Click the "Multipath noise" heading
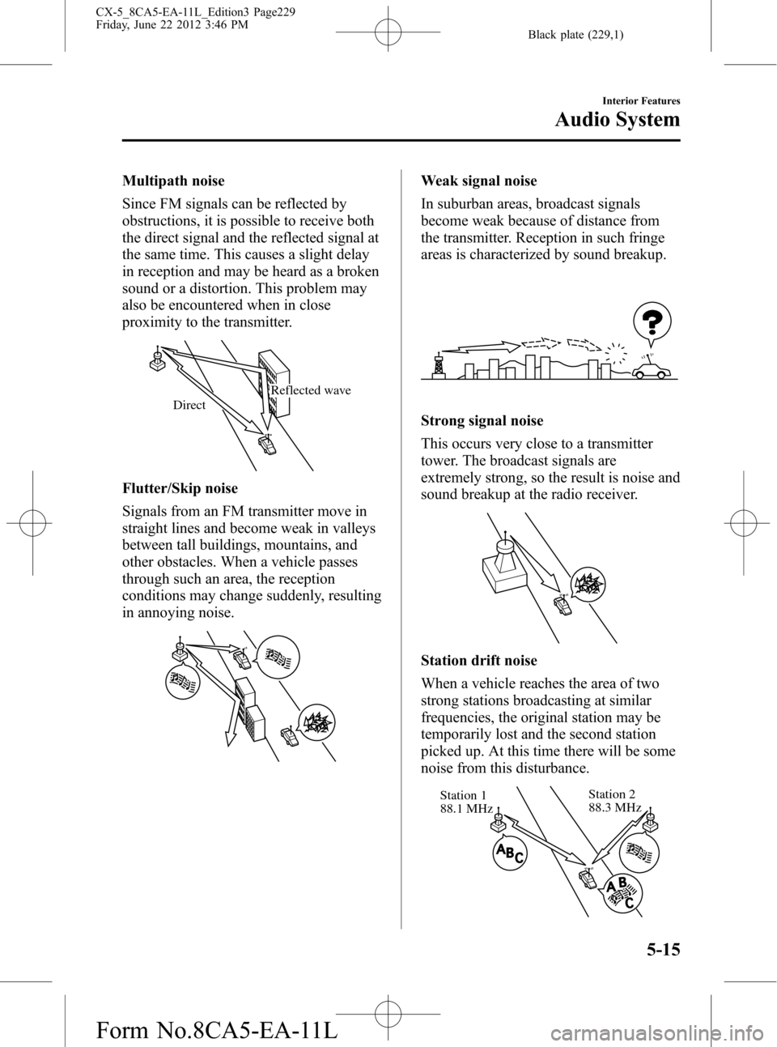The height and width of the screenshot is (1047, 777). (173, 181)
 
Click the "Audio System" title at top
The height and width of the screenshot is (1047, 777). (617, 120)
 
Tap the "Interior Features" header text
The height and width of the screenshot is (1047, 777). (639, 101)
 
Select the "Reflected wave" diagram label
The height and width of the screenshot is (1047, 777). (311, 390)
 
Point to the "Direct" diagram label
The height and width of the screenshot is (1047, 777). (189, 405)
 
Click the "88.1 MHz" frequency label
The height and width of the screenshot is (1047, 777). (466, 809)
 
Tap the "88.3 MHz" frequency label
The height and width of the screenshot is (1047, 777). (615, 807)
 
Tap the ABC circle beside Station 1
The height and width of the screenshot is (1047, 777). (507, 853)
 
